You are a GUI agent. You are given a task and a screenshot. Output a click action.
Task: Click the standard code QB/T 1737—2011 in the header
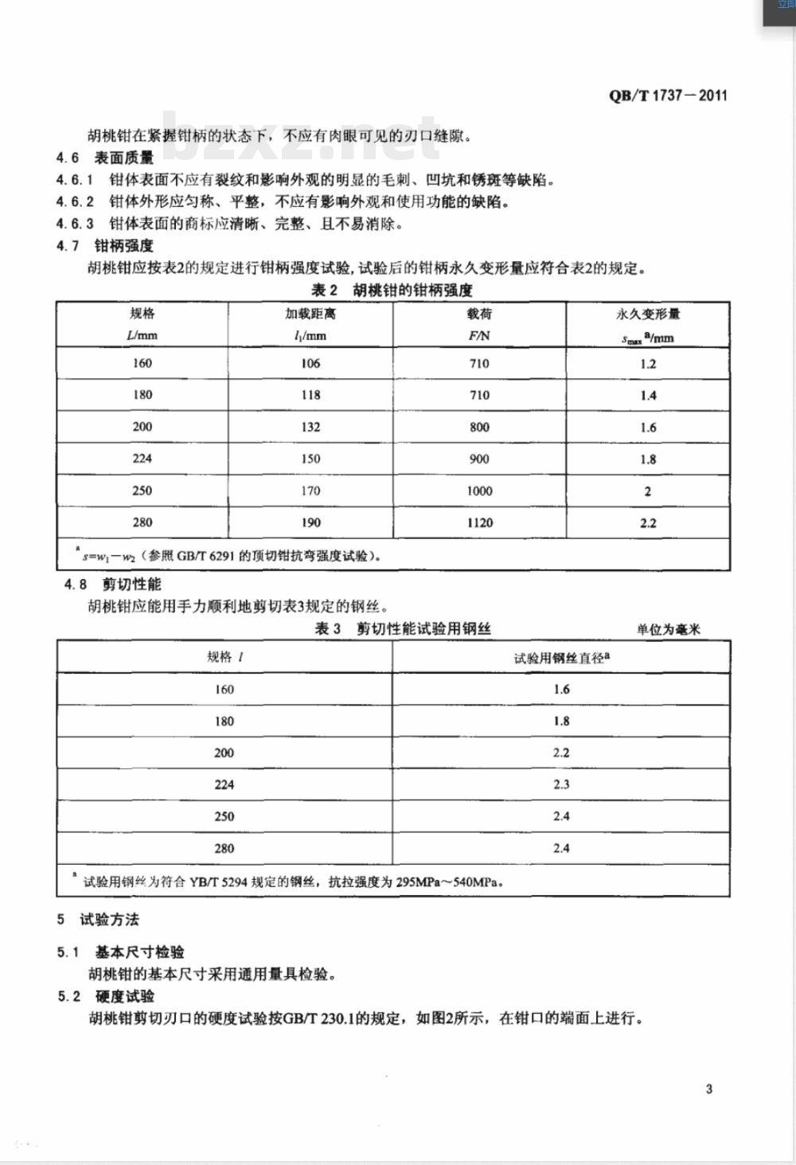(668, 96)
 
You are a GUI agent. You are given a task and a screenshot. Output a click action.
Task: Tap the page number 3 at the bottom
(708, 1089)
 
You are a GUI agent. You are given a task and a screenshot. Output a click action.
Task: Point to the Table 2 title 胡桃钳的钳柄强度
(392, 289)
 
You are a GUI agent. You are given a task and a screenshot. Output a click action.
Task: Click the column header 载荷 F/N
(479, 324)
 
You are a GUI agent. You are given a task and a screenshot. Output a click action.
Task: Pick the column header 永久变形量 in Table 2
(648, 315)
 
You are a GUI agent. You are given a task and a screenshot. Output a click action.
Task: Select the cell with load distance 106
(310, 363)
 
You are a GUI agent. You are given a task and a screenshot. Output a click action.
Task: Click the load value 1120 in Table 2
(479, 522)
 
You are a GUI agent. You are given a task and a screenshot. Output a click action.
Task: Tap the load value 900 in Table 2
(479, 459)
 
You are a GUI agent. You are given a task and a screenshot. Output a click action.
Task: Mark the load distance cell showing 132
(310, 427)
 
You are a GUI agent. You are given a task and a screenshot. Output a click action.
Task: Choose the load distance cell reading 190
(310, 522)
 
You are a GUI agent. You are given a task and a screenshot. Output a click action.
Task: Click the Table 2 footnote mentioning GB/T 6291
(231, 556)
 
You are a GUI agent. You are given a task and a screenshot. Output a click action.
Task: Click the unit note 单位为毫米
(668, 629)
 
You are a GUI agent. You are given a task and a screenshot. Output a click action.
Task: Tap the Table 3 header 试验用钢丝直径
(561, 658)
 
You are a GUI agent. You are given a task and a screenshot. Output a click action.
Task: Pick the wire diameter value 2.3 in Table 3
(561, 784)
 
